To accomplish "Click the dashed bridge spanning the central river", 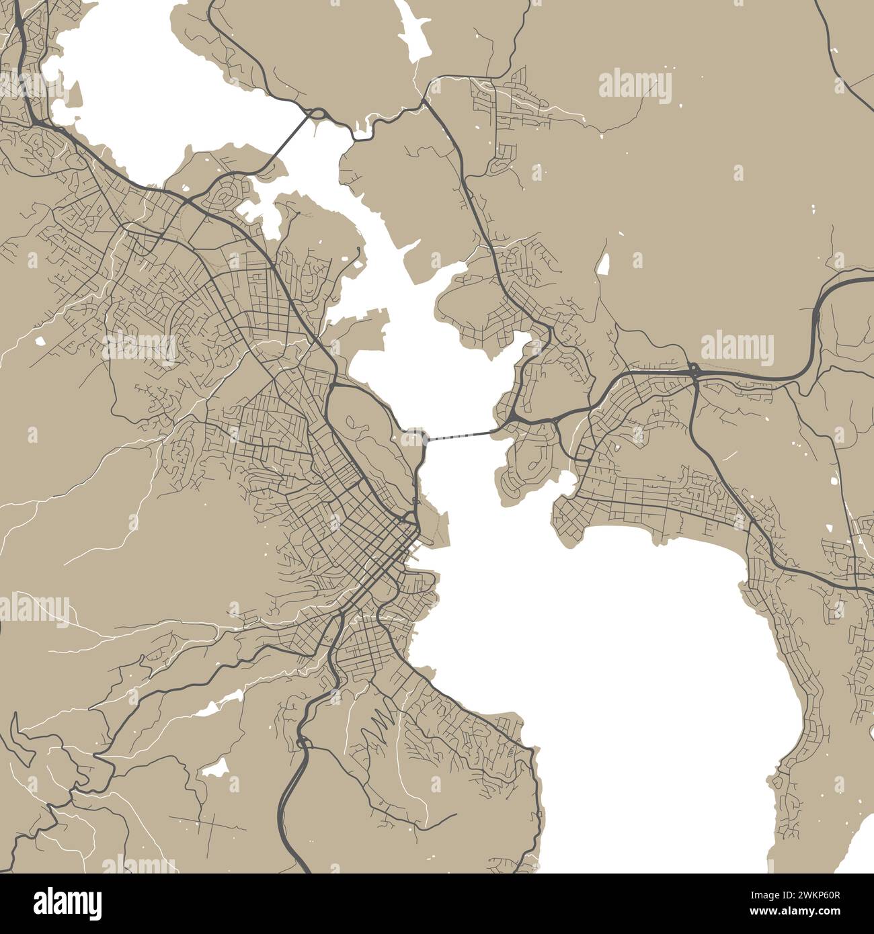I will (x=461, y=436).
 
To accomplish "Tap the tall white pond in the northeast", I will (x=603, y=263).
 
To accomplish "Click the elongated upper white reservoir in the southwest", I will (x=221, y=702).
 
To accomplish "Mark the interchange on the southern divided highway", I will (x=304, y=742).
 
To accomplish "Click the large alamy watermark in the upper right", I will (x=635, y=87).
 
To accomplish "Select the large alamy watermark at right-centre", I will (x=737, y=347).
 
